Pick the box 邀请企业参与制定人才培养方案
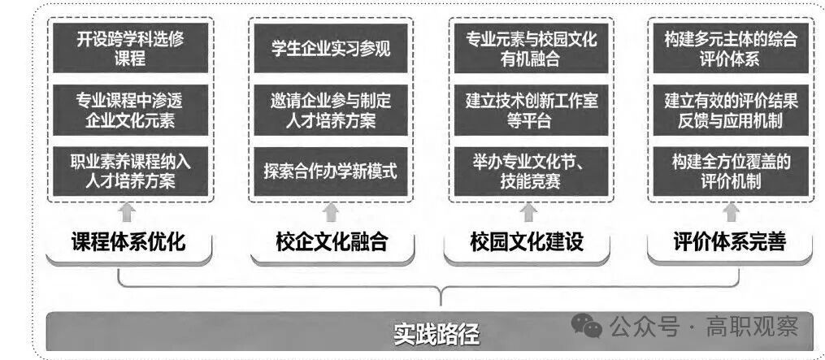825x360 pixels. pyautogui.click(x=330, y=111)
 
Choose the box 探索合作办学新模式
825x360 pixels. pyautogui.click(x=330, y=171)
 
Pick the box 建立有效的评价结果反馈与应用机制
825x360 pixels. pyautogui.click(x=731, y=111)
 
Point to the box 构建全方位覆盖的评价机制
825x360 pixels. pyautogui.click(x=731, y=171)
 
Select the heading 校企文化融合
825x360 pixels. pyautogui.click(x=331, y=242)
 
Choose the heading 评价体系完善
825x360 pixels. pyautogui.click(x=730, y=242)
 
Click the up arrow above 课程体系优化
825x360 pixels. pyautogui.click(x=125, y=213)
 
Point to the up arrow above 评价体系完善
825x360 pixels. pyautogui.click(x=731, y=213)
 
